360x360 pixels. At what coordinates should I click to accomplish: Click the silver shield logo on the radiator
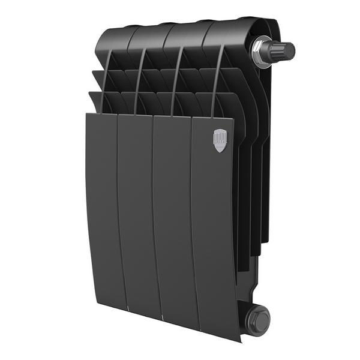coord(220,140)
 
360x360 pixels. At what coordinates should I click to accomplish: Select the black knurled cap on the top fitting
coord(284,51)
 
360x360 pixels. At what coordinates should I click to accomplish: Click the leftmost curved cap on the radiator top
coord(113,39)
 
